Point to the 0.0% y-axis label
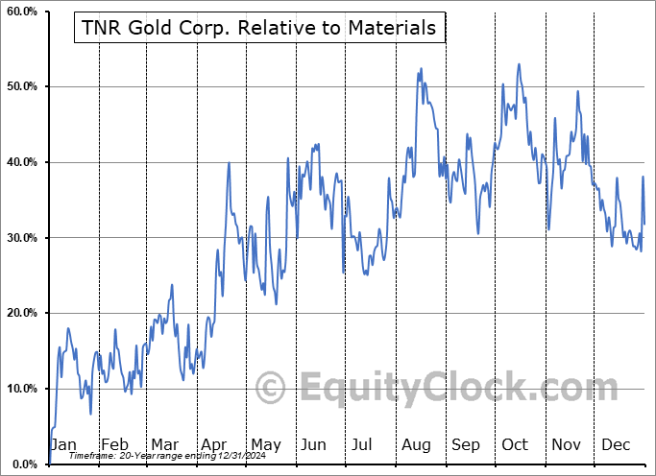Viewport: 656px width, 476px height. click(22, 464)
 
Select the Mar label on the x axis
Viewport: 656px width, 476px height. click(164, 444)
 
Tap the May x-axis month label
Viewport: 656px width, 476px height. click(265, 444)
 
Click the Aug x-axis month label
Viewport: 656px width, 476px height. click(416, 444)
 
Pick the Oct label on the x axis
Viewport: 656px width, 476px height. click(516, 444)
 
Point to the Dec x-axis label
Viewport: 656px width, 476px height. click(616, 444)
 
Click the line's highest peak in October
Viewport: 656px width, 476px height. click(519, 64)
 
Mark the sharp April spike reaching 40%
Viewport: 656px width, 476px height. click(229, 163)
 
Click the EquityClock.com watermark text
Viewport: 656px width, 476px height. click(437, 388)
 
